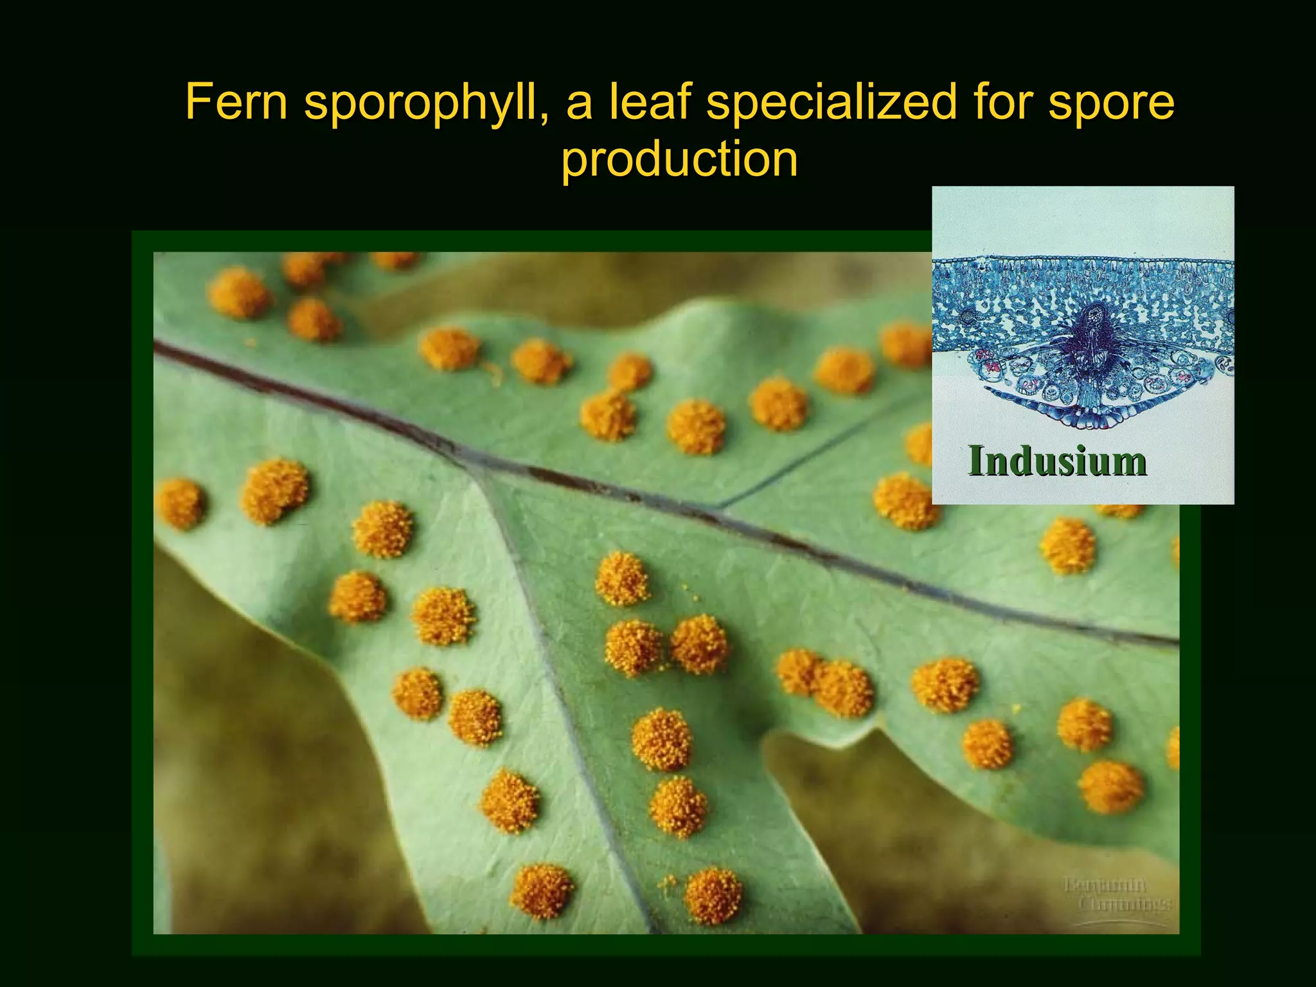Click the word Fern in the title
[x=236, y=102]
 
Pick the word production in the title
[x=679, y=160]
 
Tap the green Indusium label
[x=1057, y=461]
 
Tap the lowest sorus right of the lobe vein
[x=713, y=896]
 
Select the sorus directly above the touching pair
[x=622, y=578]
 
